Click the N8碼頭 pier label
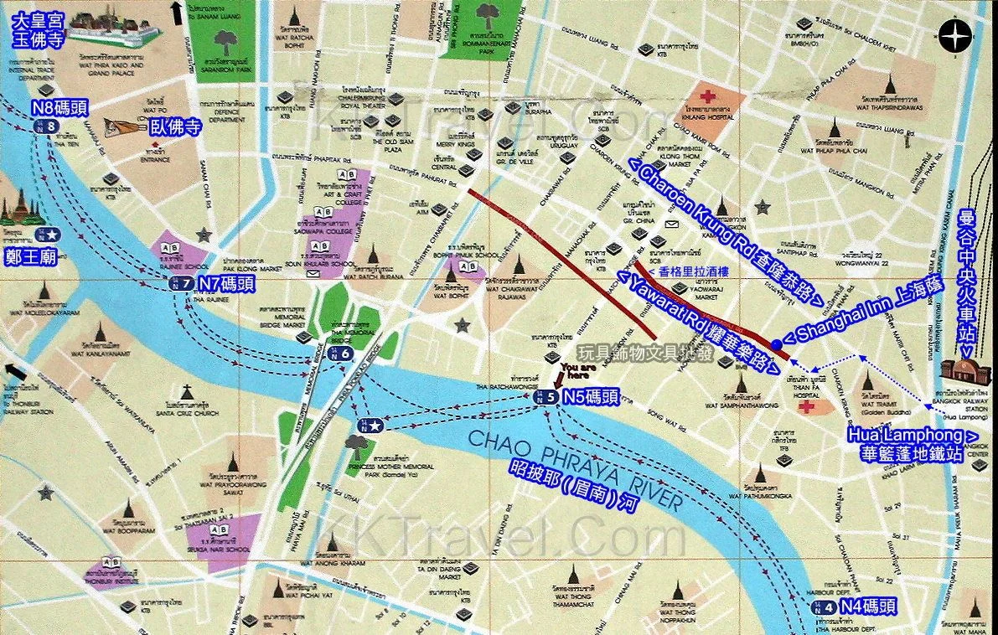tap(60, 108)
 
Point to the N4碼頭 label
tap(866, 607)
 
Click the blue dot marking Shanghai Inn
tap(777, 344)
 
